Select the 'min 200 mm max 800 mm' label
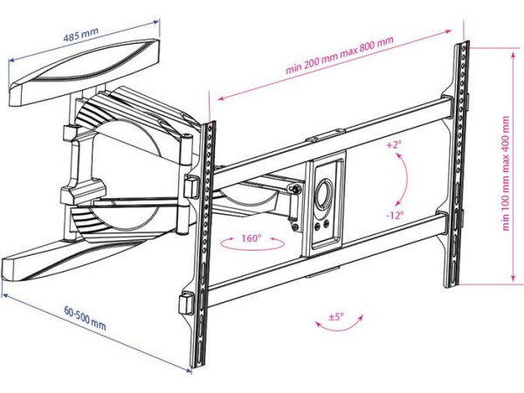339,55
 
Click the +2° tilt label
393,146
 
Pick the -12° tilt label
394,212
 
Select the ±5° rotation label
338,316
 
